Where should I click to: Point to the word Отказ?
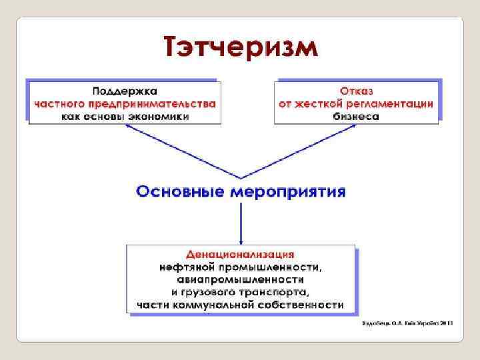(x=356, y=91)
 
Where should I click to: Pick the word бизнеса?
(x=356, y=116)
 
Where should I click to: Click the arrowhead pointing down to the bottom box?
(x=241, y=241)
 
